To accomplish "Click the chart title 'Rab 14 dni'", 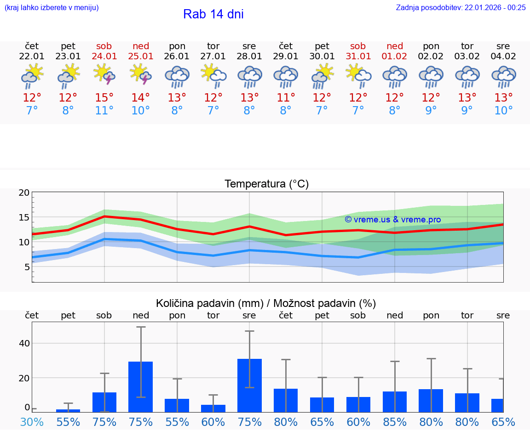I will [x=213, y=14].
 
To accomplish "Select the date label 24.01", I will [x=104, y=57].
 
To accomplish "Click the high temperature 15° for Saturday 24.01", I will [x=104, y=98].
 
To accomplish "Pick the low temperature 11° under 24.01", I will [x=104, y=111].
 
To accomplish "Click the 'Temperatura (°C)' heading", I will [x=266, y=184].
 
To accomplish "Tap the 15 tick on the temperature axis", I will [x=24, y=217].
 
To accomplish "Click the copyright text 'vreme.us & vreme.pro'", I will [x=393, y=220].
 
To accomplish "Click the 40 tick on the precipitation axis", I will [x=24, y=343].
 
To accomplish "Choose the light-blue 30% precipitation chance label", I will [x=32, y=422].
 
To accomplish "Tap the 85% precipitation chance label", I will [x=395, y=422].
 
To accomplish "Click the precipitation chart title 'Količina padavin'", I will [x=266, y=303].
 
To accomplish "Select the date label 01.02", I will [x=395, y=57].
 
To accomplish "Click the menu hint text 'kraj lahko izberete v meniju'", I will [x=52, y=7].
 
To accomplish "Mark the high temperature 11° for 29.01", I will [x=286, y=98].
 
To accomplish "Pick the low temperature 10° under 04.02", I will [x=503, y=111].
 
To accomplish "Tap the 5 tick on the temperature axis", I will [x=27, y=267].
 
